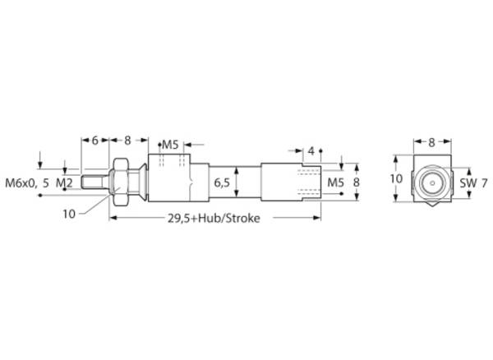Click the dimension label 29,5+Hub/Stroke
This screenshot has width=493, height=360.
point(214,218)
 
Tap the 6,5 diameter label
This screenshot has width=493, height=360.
point(222,182)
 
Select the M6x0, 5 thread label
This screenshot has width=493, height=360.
point(27,183)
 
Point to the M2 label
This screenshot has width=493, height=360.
point(64,183)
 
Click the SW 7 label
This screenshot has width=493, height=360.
point(474,183)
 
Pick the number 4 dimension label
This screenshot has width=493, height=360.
point(311,151)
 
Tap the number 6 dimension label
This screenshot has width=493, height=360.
point(95,141)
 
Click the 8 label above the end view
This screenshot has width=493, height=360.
point(431,142)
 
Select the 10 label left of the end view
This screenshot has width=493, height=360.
point(397,178)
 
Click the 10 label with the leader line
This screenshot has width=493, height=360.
point(69,215)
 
